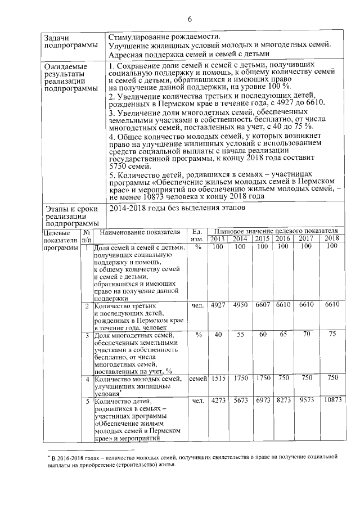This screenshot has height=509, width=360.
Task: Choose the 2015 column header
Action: [263, 238]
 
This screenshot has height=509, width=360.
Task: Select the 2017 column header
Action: [307, 238]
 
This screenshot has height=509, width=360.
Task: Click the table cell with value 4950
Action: [241, 305]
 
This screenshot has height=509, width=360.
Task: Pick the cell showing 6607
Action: [263, 305]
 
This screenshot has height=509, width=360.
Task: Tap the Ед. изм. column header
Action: [197, 235]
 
